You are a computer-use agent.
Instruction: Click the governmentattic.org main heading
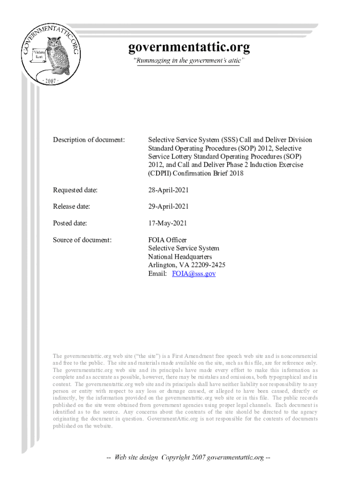(x=189, y=47)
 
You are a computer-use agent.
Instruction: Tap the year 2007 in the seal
(x=50, y=81)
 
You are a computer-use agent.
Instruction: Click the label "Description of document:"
(x=89, y=140)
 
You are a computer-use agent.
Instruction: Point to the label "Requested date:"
(x=75, y=190)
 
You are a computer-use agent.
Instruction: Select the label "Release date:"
(x=72, y=207)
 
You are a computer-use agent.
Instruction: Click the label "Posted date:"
(x=70, y=224)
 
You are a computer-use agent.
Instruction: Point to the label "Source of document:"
(x=82, y=240)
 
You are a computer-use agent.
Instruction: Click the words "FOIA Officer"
(x=167, y=240)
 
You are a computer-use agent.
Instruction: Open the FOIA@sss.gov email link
(x=194, y=274)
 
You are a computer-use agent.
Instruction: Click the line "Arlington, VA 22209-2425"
(x=187, y=265)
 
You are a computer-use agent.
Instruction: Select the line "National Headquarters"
(x=180, y=257)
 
